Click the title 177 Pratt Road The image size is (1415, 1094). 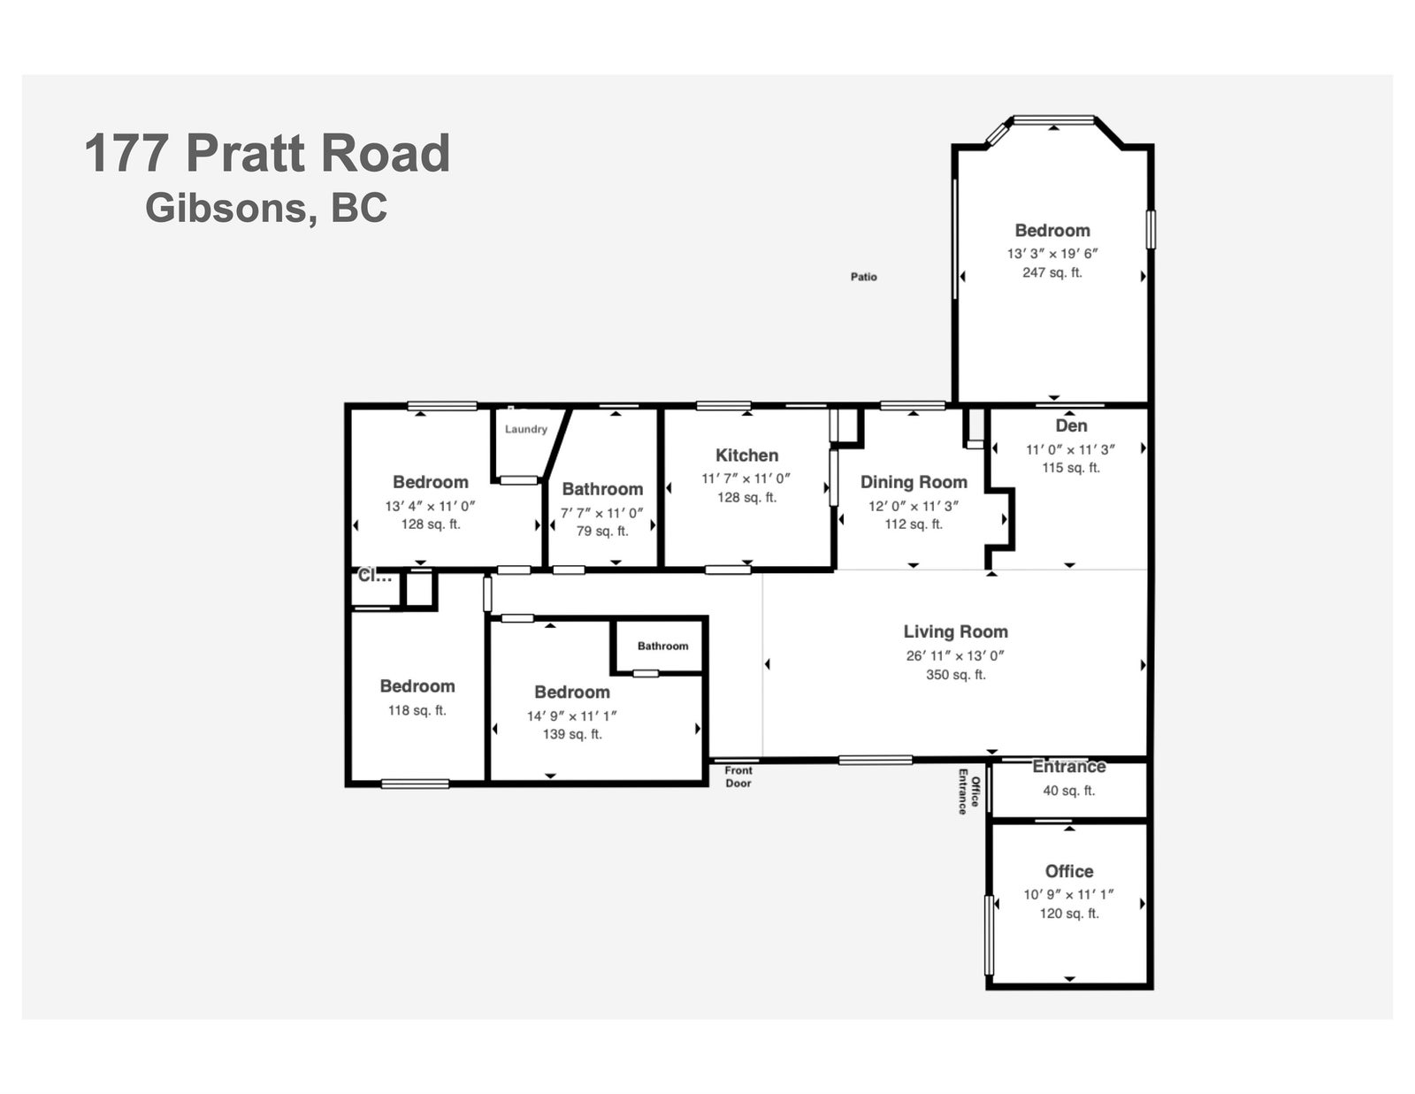pos(267,153)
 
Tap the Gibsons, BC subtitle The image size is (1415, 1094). pos(266,208)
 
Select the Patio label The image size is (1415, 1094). pos(863,277)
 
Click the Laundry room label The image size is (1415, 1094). pos(526,429)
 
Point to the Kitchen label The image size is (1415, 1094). pos(747,455)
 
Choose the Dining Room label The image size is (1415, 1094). pos(914,482)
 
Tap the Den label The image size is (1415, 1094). pos(1071,426)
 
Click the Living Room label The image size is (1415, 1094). pos(955,631)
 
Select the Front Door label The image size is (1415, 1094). pos(738,777)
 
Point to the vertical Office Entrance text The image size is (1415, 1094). pos(968,792)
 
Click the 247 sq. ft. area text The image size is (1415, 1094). pos(1052,273)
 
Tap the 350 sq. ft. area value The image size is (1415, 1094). pos(956,675)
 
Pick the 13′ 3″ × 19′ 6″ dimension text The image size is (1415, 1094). pos(1052,254)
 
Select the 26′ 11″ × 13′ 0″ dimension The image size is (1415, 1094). pos(955,655)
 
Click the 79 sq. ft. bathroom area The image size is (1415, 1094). pos(602,532)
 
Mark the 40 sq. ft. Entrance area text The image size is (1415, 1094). pos(1069,791)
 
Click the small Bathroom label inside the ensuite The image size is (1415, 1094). pos(663,646)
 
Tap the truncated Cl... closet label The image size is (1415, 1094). pos(375,576)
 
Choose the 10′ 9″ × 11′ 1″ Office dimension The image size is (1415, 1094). pos(1069,895)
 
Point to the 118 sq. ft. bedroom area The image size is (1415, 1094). pos(417,710)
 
